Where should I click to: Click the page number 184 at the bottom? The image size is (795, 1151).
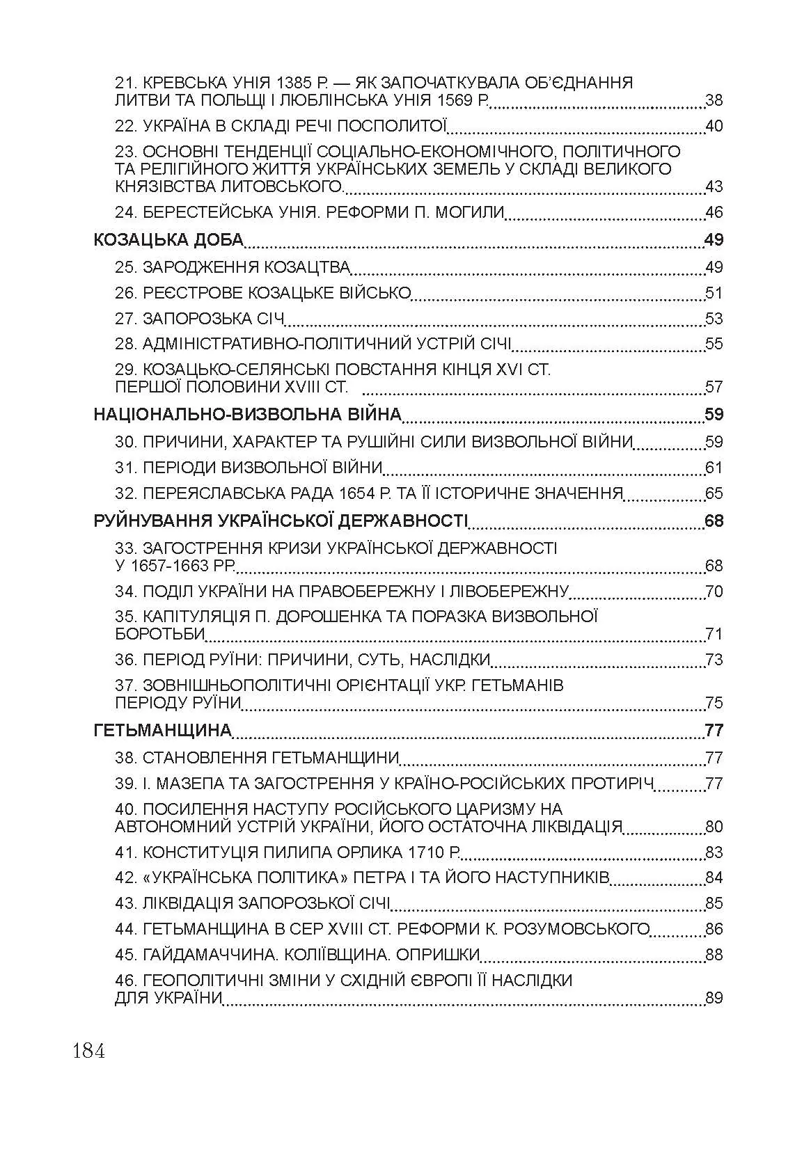(88, 1050)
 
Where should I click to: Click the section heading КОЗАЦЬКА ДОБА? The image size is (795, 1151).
(168, 241)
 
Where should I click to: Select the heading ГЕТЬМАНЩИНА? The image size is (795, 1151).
(162, 731)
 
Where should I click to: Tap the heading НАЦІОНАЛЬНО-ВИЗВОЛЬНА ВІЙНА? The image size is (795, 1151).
(247, 415)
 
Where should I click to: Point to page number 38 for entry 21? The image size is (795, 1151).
(714, 101)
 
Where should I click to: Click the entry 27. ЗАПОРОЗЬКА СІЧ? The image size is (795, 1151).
(200, 319)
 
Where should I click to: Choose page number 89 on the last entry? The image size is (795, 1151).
(714, 999)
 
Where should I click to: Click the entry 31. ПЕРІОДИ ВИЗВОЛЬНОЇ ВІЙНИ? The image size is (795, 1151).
(249, 468)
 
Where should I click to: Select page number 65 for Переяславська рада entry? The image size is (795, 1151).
(714, 494)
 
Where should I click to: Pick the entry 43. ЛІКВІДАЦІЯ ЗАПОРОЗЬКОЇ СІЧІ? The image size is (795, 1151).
(253, 904)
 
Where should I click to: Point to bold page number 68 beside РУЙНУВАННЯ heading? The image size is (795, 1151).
(714, 521)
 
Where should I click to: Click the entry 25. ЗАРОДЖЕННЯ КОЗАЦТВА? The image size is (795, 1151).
(233, 268)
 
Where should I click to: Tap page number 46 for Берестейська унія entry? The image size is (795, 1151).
(714, 213)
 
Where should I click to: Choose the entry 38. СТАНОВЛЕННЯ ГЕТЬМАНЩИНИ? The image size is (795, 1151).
(257, 759)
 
